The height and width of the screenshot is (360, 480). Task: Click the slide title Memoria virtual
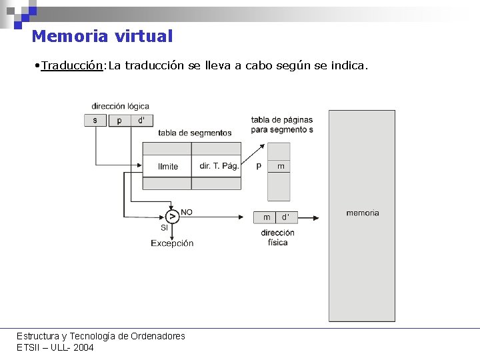102,37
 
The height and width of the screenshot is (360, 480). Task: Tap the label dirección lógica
120,106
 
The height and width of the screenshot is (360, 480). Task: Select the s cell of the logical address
95,120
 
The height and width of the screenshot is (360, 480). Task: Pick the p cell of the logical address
119,120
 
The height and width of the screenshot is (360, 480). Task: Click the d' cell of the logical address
141,120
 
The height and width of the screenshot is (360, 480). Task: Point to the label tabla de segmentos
195,133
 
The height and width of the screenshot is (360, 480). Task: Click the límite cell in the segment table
167,166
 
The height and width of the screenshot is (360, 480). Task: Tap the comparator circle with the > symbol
173,217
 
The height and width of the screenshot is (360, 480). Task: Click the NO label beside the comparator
187,212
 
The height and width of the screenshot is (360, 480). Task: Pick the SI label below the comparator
164,228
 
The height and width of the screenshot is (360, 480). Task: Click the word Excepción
172,243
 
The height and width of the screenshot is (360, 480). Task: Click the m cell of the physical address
267,217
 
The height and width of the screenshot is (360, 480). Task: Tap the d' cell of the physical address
285,217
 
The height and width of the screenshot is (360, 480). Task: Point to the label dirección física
277,237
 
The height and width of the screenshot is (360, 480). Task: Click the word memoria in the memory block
362,213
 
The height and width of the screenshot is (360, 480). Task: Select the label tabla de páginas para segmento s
281,125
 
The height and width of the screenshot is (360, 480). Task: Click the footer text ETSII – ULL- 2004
55,347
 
